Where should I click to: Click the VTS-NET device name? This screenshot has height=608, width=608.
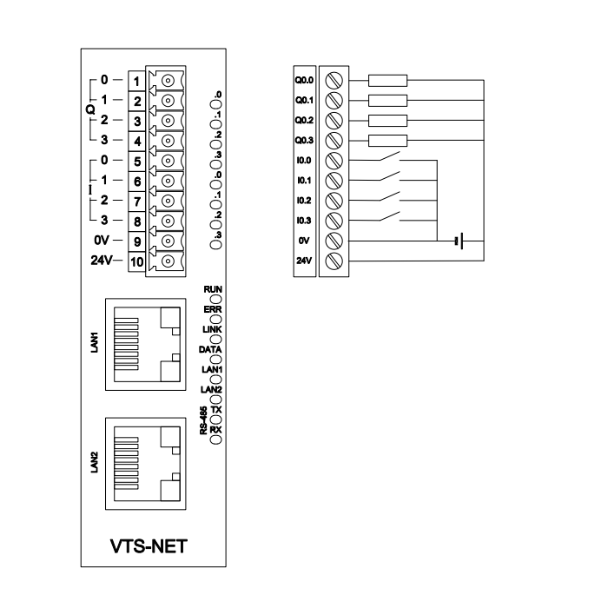[149, 546]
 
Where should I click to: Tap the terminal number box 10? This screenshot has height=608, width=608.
[137, 261]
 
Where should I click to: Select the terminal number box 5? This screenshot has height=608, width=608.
[137, 162]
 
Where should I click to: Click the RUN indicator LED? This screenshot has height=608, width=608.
[216, 300]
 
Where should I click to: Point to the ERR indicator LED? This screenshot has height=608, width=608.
[216, 320]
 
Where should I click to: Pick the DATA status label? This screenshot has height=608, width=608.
[210, 350]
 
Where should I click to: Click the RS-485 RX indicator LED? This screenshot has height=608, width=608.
[216, 439]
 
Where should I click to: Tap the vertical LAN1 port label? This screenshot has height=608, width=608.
[94, 342]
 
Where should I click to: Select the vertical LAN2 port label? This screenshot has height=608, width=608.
[94, 462]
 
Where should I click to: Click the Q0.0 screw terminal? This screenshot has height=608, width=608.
[334, 81]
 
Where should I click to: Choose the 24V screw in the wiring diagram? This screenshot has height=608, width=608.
[334, 261]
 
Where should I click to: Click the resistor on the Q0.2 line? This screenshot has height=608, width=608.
[387, 121]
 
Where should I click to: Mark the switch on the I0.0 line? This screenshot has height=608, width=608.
[389, 156]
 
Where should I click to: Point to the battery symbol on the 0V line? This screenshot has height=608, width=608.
[459, 241]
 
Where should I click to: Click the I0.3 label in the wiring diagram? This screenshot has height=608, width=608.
[304, 221]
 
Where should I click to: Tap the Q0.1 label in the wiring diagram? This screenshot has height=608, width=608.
[304, 101]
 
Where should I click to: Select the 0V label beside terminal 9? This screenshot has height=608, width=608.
[102, 241]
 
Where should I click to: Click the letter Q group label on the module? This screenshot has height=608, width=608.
[90, 109]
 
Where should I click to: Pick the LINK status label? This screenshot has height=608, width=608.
[212, 329]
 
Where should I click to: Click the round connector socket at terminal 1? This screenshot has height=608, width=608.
[168, 81]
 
